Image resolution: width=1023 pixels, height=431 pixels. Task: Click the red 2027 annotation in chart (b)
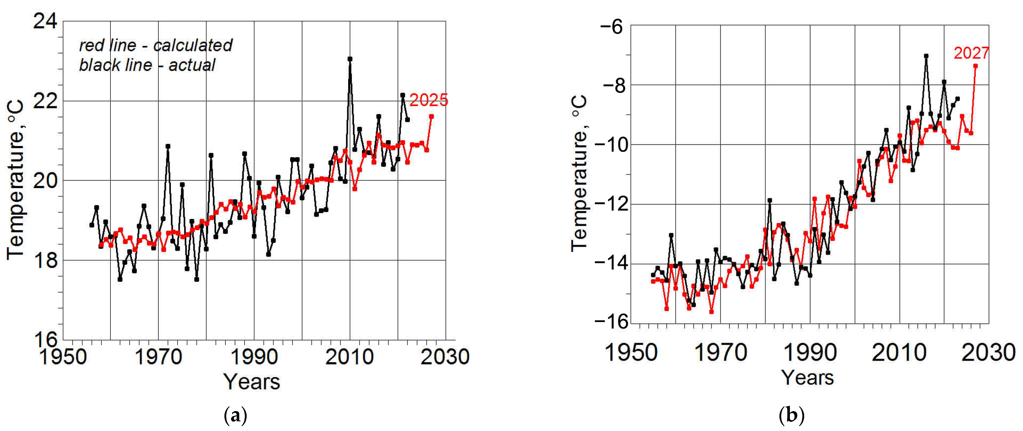[971, 53]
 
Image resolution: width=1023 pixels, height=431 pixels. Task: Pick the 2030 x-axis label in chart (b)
[988, 352]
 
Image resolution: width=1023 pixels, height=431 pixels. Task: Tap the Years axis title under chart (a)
[252, 382]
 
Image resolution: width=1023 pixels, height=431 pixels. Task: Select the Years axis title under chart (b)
[808, 377]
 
